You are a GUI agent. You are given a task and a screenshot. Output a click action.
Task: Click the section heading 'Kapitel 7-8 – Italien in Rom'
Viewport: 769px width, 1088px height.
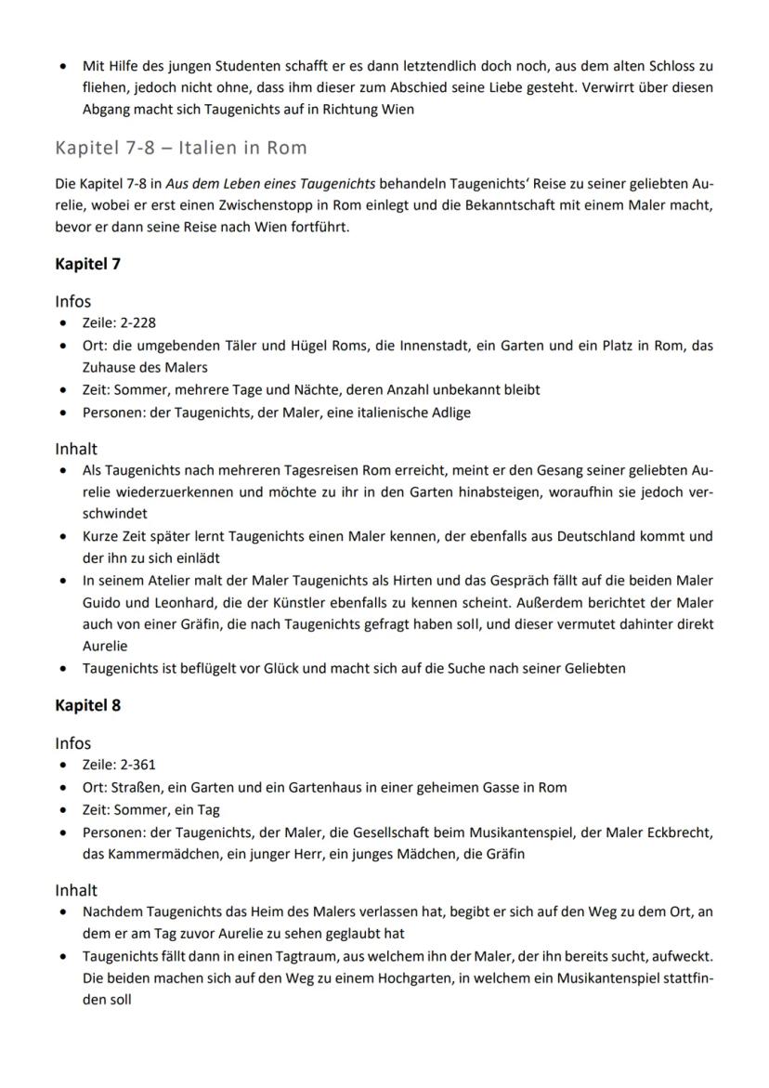180,148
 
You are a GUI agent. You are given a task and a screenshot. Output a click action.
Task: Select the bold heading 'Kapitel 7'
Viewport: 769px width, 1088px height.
87,264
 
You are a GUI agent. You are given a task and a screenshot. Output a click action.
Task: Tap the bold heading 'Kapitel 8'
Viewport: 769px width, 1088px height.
87,705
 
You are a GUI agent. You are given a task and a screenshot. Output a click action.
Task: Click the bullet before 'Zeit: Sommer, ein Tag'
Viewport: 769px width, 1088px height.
62,809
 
